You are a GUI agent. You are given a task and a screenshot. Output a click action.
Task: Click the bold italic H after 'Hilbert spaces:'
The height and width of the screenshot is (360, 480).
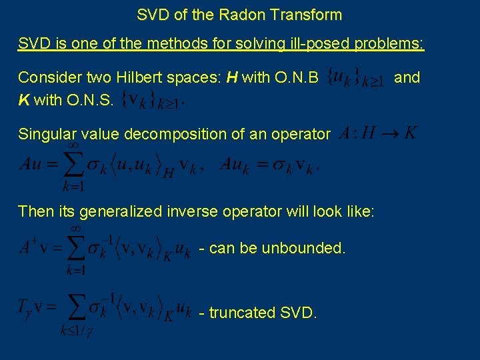point(232,77)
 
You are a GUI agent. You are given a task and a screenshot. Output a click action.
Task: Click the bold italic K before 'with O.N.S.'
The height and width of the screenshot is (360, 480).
point(23,101)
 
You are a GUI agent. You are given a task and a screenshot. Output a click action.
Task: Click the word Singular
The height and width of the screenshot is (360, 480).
point(45,134)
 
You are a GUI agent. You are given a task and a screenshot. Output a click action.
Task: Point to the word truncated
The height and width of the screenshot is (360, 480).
point(242,313)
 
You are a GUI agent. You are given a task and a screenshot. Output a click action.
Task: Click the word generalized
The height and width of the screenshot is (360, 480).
point(120,212)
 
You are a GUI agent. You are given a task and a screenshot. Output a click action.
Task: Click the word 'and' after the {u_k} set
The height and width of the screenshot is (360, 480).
point(407,77)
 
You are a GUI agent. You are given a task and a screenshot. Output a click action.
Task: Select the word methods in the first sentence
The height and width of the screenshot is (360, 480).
point(173,44)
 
